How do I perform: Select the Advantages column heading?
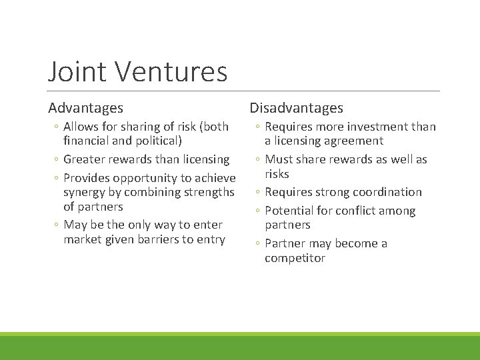click(x=85, y=107)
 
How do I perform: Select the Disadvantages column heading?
click(x=296, y=107)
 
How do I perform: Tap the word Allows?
click(x=82, y=127)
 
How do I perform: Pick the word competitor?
click(x=295, y=258)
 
